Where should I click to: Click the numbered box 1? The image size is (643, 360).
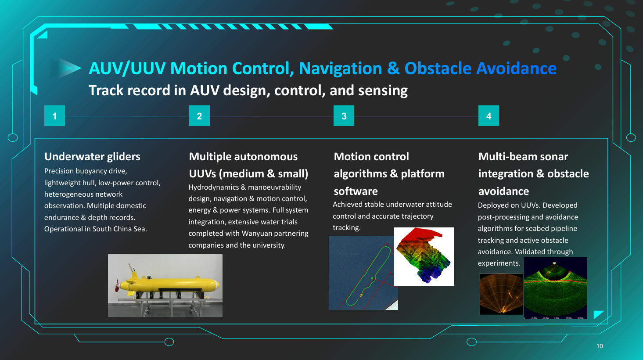pos(54,116)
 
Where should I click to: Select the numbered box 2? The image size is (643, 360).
pos(199,116)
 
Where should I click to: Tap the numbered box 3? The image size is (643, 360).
pos(344,116)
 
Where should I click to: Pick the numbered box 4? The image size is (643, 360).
pos(489,116)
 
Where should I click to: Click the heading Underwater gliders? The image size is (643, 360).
pos(92,157)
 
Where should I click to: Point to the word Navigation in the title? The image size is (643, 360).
pos(340,68)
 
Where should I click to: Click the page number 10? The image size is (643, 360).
pos(600,346)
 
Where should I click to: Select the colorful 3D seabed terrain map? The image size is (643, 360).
pos(424,257)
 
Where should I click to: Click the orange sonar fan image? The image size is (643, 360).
pos(501,294)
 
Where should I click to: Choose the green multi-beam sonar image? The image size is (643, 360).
pos(555,288)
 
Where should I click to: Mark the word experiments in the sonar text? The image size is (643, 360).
pos(499,263)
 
